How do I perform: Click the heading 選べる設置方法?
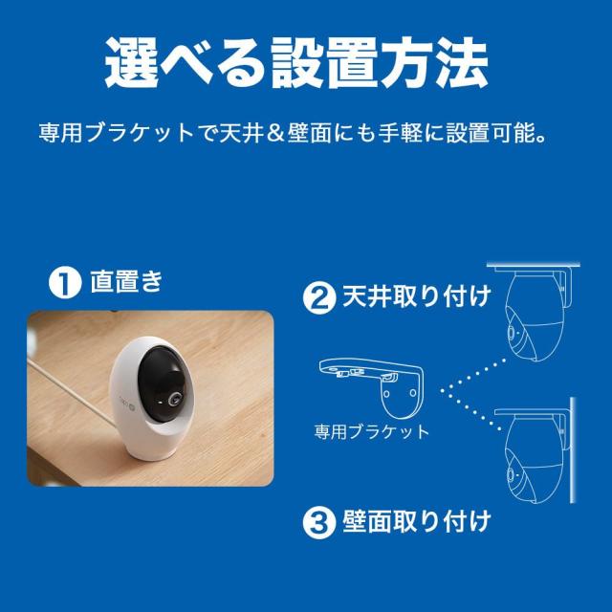(296, 62)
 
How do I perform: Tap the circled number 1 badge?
(65, 282)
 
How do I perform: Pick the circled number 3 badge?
(318, 523)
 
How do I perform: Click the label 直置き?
(126, 281)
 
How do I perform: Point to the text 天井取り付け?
(417, 297)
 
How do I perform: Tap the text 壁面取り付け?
(417, 521)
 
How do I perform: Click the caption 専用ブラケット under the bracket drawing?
(371, 432)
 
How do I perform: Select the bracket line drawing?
(371, 389)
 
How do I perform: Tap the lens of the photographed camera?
(174, 400)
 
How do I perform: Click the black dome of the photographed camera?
(162, 382)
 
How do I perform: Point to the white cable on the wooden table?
(70, 391)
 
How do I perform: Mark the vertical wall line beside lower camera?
(573, 450)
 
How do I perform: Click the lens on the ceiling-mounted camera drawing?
(512, 333)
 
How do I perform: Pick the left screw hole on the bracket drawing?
(386, 393)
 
